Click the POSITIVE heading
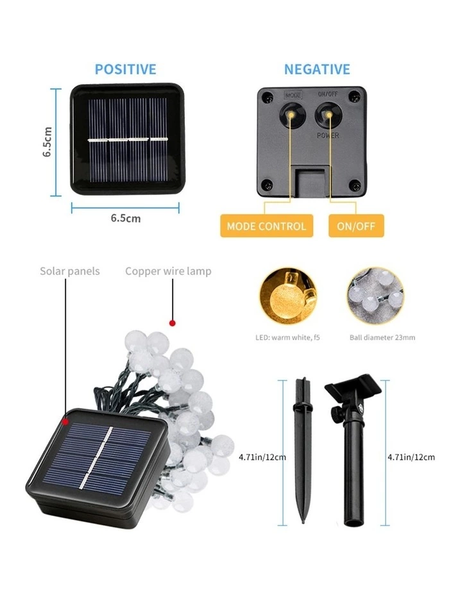[x=125, y=69]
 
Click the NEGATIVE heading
[x=317, y=69]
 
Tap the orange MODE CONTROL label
[x=266, y=226]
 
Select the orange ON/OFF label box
[x=356, y=226]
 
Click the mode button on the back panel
[x=293, y=113]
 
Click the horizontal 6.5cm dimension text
[x=126, y=218]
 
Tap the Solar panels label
[x=70, y=271]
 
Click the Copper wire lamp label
[x=168, y=271]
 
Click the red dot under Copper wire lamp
[x=171, y=323]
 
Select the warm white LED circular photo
[x=289, y=296]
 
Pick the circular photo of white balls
[x=375, y=296]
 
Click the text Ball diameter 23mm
[x=382, y=337]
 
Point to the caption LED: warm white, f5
[x=288, y=337]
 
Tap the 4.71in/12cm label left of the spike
[x=262, y=457]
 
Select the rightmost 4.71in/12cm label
[x=411, y=457]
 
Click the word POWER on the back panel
[x=328, y=136]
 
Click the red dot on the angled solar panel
[x=65, y=422]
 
